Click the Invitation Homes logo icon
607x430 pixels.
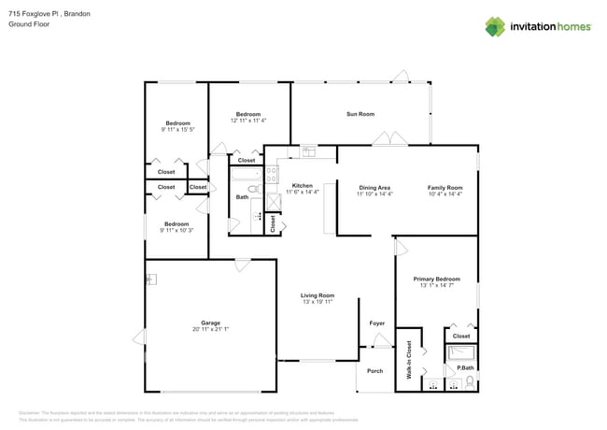tap(496, 26)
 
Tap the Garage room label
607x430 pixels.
tap(210, 323)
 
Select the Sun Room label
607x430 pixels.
tap(360, 114)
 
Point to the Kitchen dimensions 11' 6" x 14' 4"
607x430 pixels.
tap(302, 192)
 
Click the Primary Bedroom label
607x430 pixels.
tap(436, 279)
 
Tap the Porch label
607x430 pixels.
tap(374, 371)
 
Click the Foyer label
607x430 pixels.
tap(376, 323)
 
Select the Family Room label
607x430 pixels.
tap(445, 187)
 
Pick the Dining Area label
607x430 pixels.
tap(374, 187)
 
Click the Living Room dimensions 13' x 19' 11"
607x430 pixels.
tap(318, 302)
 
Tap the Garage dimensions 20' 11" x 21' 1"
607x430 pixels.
tap(210, 330)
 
